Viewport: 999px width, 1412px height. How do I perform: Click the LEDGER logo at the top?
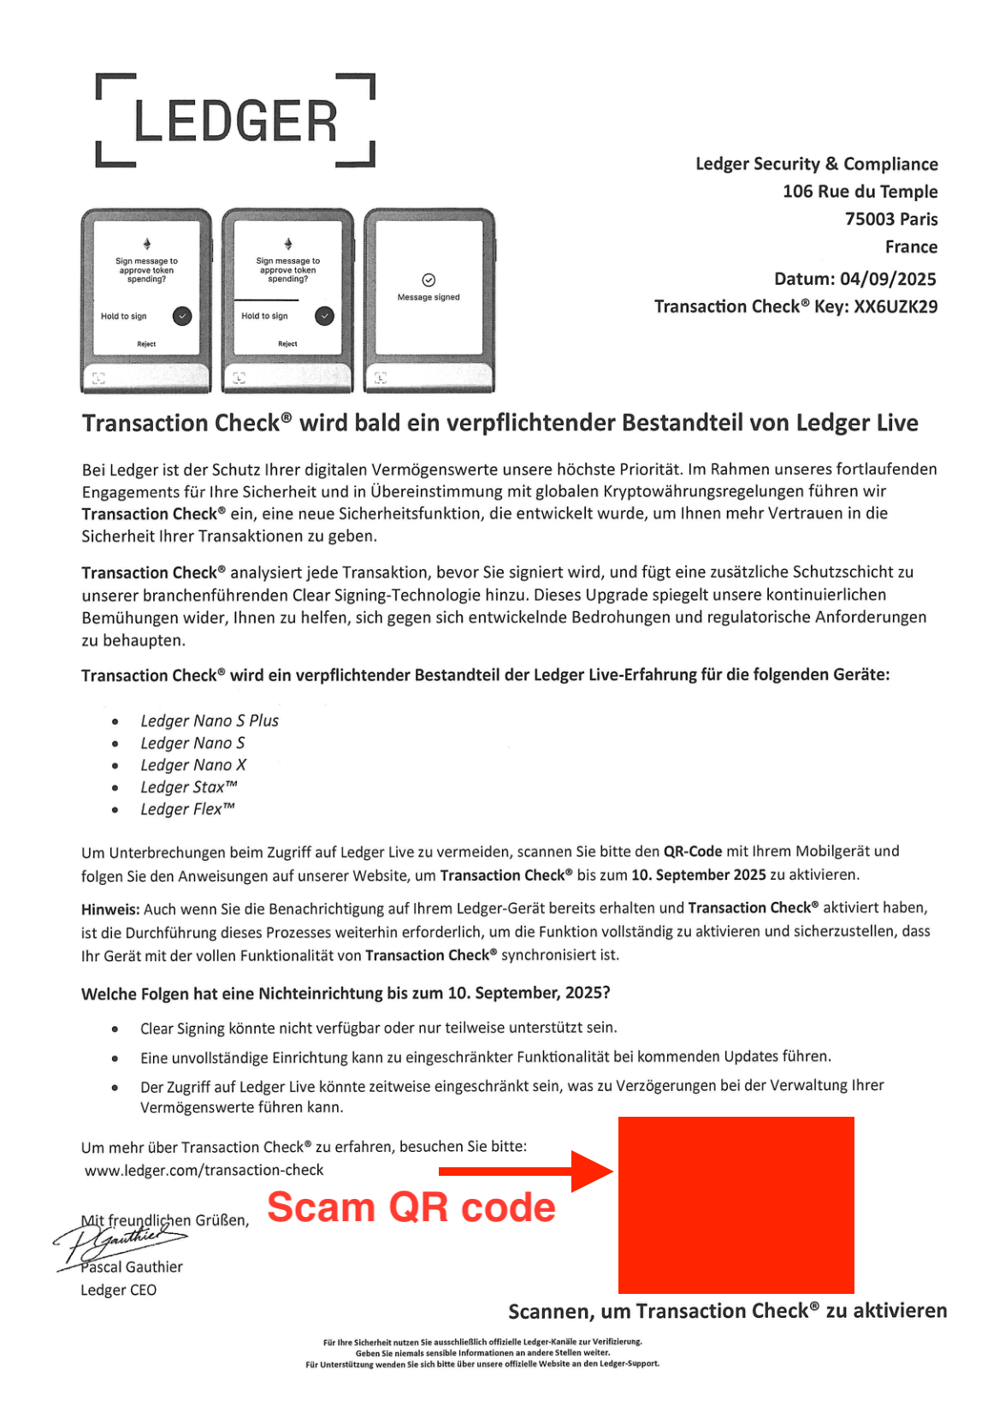pyautogui.click(x=235, y=121)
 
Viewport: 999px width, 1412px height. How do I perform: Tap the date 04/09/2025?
pyautogui.click(x=888, y=279)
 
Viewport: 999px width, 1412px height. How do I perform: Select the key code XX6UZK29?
pyautogui.click(x=896, y=306)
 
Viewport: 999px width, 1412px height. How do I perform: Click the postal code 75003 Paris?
pyautogui.click(x=891, y=219)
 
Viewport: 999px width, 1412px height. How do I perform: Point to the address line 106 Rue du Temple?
pyautogui.click(x=860, y=192)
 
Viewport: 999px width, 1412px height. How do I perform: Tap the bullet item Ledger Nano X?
pyautogui.click(x=193, y=765)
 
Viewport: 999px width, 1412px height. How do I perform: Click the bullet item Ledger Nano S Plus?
pyautogui.click(x=210, y=721)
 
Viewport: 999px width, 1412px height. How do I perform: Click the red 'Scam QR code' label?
pyautogui.click(x=411, y=1207)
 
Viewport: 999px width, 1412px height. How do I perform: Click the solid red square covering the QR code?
pyautogui.click(x=736, y=1205)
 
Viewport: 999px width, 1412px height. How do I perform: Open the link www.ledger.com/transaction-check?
pyautogui.click(x=204, y=1170)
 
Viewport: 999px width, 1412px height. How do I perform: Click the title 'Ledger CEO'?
pyautogui.click(x=118, y=1290)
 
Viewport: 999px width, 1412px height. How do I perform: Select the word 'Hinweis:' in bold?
pyautogui.click(x=110, y=909)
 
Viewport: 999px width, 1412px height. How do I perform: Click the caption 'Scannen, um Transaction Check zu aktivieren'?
pyautogui.click(x=727, y=1311)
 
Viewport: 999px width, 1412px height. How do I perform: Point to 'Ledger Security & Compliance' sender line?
pyautogui.click(x=816, y=164)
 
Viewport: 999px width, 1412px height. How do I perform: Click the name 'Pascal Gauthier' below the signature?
pyautogui.click(x=132, y=1267)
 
